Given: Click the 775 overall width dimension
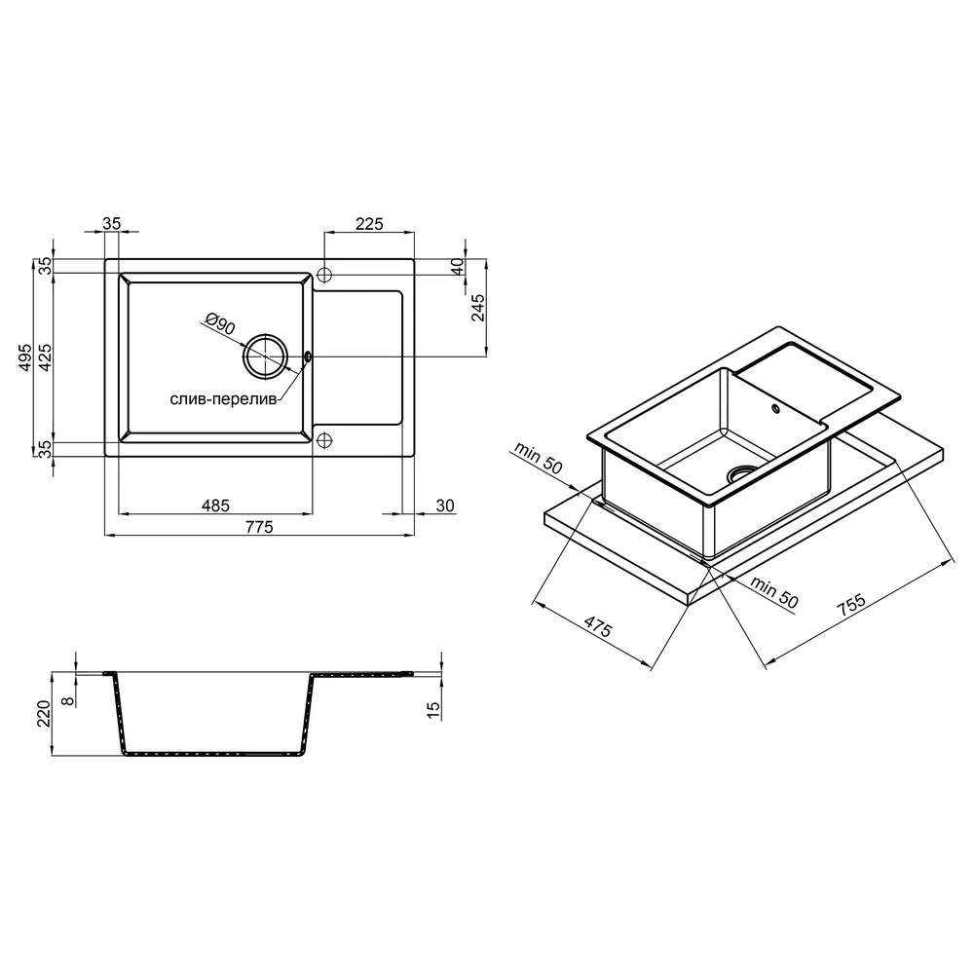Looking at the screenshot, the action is (259, 527).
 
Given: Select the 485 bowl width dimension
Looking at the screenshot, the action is (215, 506).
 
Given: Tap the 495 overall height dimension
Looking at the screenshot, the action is (25, 356).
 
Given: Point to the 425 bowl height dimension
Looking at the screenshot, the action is (46, 356).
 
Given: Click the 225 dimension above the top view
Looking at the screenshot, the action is (369, 224).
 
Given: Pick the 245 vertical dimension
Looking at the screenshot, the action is (477, 308).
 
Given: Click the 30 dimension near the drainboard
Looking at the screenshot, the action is (445, 506).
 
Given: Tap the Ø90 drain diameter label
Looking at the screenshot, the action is (219, 323).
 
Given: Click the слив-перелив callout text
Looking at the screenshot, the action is (223, 399).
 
